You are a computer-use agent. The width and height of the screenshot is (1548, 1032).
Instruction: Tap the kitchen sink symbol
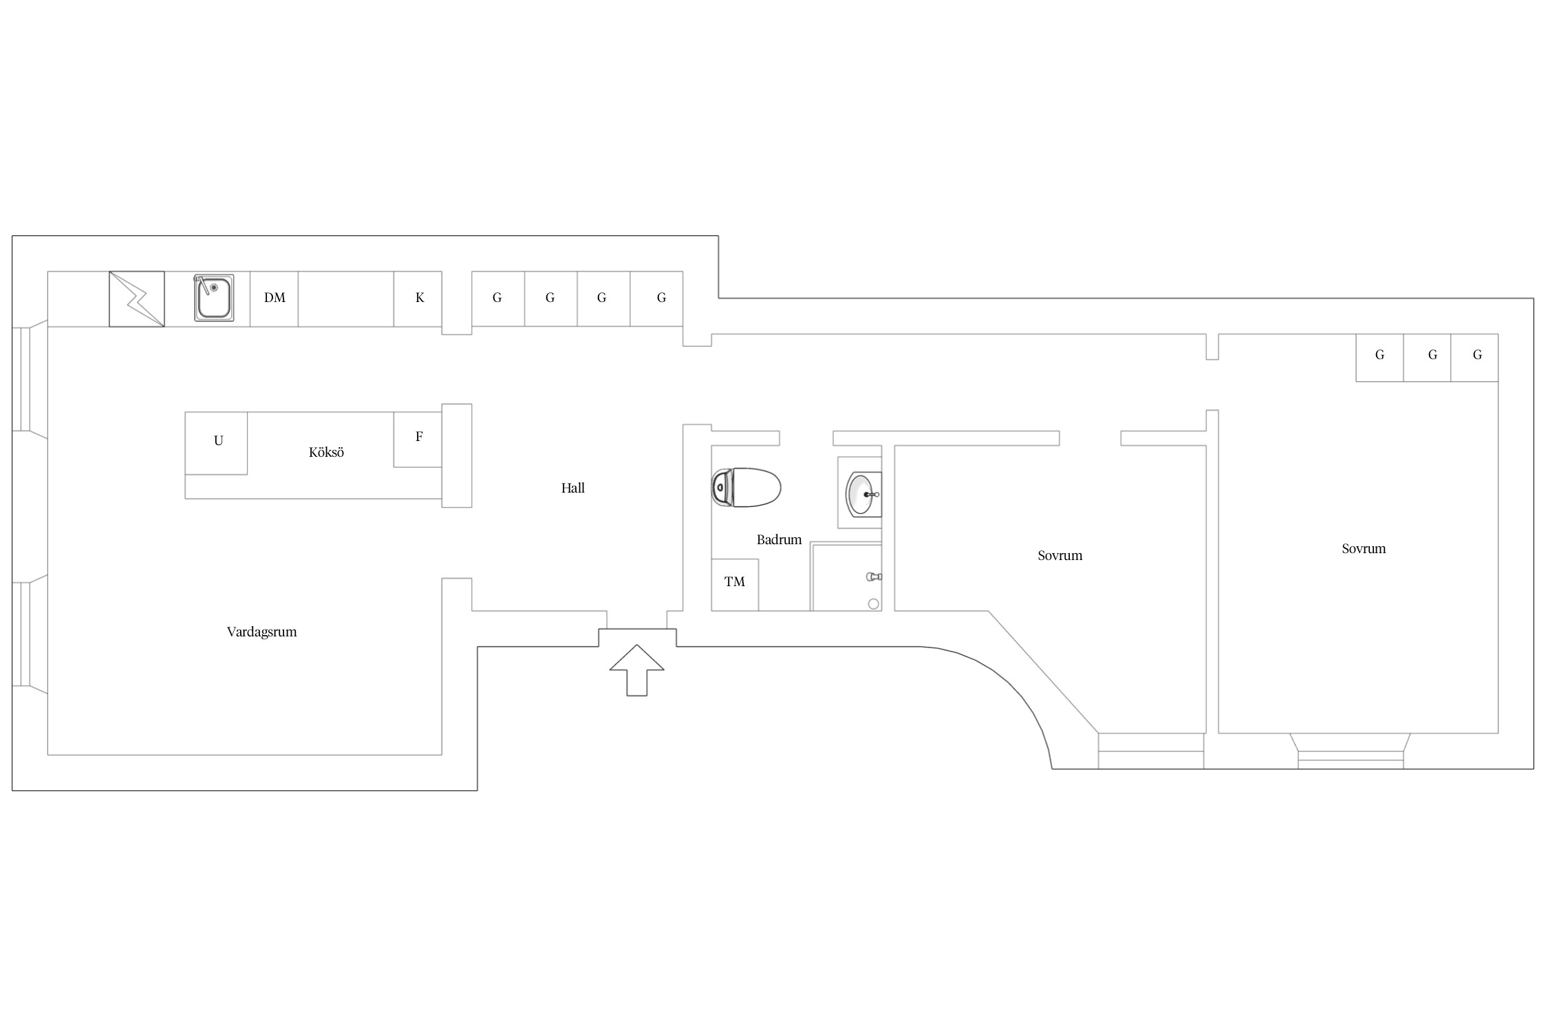(213, 297)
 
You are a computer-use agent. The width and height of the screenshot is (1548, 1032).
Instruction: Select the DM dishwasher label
(275, 298)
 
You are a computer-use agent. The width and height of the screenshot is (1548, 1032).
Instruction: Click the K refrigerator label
(420, 298)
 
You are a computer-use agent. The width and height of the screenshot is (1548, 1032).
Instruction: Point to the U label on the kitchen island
(219, 441)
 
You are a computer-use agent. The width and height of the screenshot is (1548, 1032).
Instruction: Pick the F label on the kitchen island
(419, 437)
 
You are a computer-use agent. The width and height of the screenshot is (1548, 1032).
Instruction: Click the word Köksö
(326, 452)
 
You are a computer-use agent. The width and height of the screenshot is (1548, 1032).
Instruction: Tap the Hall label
(573, 488)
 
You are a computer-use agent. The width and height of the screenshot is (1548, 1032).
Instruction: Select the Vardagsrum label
(262, 632)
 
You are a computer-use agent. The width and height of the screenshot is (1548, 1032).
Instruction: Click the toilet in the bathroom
(746, 488)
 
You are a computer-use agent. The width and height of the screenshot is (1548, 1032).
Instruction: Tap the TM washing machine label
(735, 582)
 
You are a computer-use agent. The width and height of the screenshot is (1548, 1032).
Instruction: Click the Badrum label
(780, 539)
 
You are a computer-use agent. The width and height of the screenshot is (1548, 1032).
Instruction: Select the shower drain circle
(874, 604)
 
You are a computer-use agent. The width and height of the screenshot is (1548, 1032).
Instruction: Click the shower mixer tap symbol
(874, 577)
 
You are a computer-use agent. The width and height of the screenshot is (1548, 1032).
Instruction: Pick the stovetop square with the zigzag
(137, 299)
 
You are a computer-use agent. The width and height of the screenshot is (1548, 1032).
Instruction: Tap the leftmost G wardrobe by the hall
(498, 299)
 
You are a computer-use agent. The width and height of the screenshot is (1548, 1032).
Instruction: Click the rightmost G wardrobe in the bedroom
(1474, 358)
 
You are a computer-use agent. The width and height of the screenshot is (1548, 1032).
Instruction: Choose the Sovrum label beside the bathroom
(1060, 555)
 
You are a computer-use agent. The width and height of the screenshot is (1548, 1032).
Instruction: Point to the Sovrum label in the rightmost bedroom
(1364, 548)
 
